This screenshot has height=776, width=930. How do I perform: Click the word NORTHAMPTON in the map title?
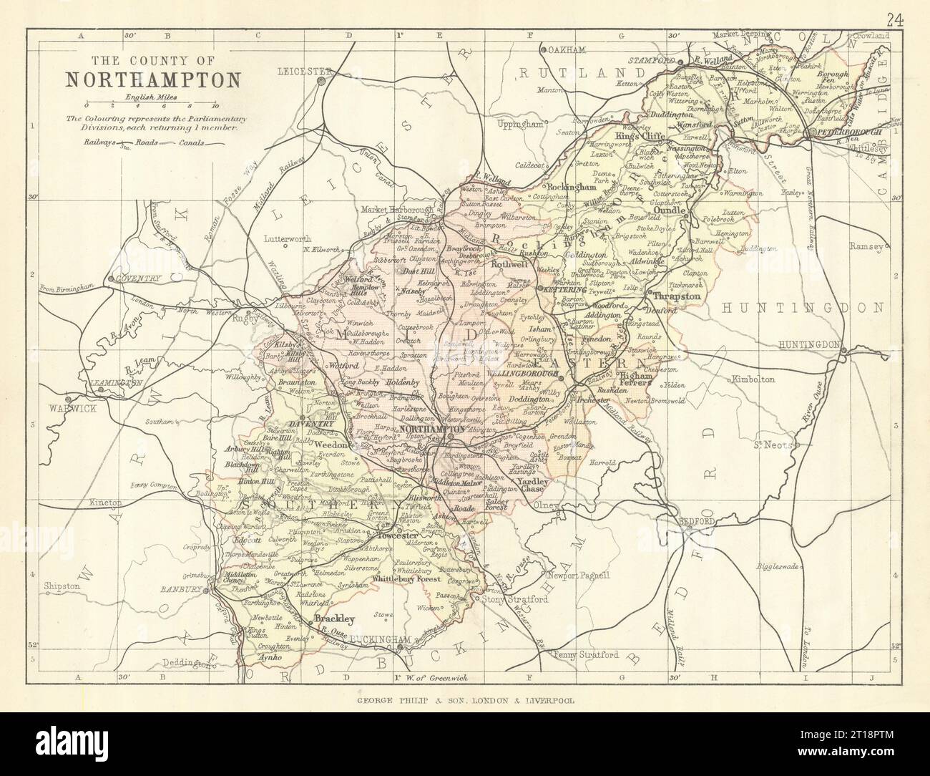[x=154, y=78]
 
